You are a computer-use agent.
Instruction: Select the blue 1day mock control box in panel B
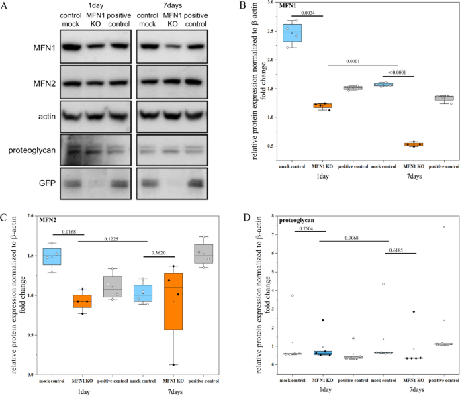[291, 32]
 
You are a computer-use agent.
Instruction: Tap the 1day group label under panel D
[324, 388]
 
